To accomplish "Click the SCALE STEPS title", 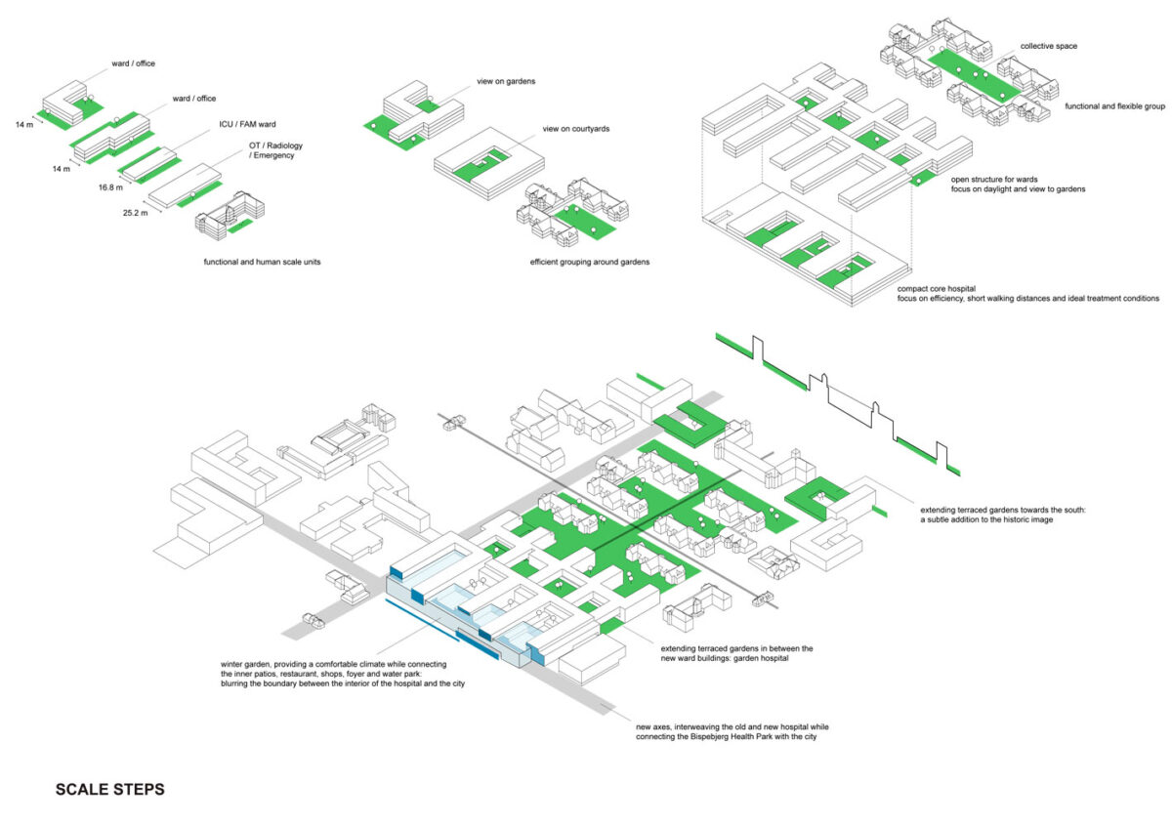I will click(x=109, y=790).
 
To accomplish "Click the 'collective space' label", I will click(x=1049, y=46).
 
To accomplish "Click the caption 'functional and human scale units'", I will click(x=264, y=263).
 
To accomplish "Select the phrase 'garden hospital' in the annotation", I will click(x=767, y=658).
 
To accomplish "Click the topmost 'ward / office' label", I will click(x=133, y=64).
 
